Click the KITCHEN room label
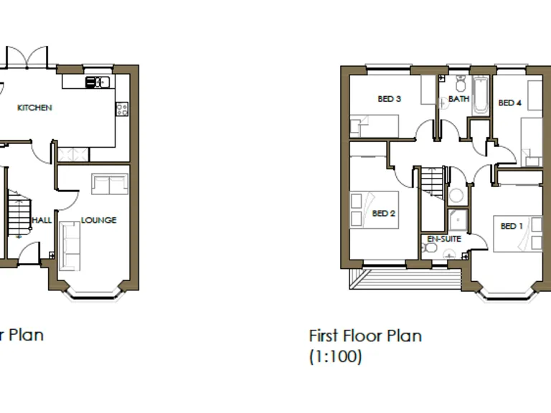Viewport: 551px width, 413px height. coord(35,108)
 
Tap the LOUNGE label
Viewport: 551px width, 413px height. coord(98,220)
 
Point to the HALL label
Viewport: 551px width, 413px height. coord(42,220)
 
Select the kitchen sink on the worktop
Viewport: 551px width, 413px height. coord(95,82)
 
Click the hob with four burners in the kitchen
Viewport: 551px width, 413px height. coord(122,109)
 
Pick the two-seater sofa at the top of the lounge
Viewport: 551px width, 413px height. coord(109,184)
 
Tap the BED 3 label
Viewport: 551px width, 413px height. coord(389,99)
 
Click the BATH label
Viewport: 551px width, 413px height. coord(458,99)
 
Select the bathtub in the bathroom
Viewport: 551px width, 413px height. coord(480,95)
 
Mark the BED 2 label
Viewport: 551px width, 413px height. coord(384,213)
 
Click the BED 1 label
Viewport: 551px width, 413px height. coord(512,226)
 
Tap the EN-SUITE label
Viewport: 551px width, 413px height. coord(444,239)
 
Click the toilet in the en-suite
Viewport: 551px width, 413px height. coord(430,248)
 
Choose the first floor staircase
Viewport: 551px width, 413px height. coord(432,180)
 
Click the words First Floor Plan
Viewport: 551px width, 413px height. coord(365,335)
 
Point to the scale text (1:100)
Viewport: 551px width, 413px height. coord(335,356)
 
